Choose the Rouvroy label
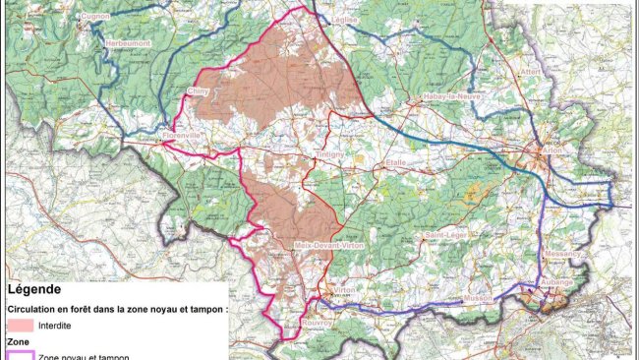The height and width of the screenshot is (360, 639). [315, 320]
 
